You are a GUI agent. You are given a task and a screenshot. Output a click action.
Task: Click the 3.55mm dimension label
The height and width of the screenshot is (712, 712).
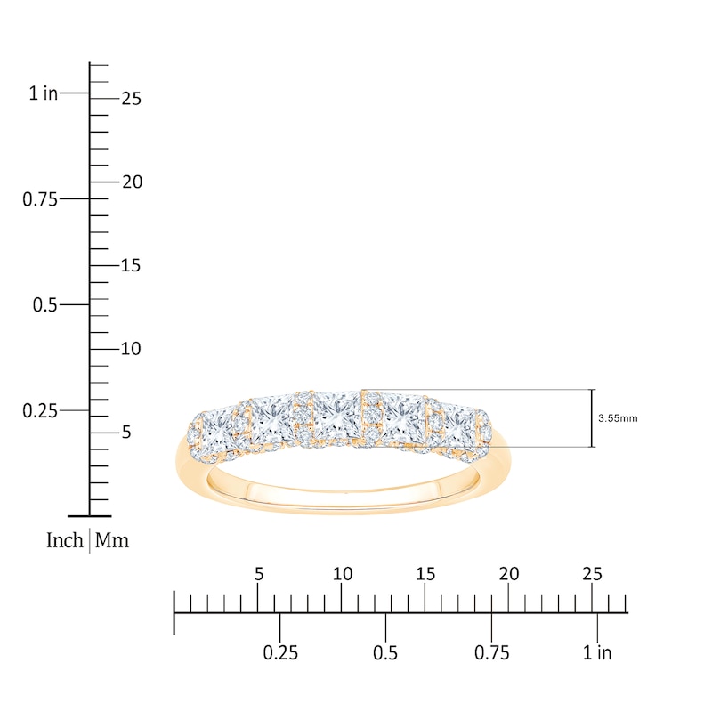(618, 417)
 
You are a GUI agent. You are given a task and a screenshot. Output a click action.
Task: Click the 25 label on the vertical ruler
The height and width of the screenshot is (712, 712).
(131, 99)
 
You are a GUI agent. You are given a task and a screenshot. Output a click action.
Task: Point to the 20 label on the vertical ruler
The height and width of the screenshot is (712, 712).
(131, 182)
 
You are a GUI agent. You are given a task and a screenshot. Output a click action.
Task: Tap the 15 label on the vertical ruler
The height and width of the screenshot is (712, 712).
(131, 265)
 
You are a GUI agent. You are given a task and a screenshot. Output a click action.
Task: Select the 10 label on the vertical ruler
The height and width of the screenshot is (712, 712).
(131, 349)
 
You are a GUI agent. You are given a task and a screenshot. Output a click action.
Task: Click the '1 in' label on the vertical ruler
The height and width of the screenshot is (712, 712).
(43, 93)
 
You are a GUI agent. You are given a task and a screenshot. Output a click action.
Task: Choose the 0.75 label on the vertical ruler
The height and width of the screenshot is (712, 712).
(40, 198)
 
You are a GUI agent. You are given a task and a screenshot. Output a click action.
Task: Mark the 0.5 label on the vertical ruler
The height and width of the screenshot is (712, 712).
(45, 304)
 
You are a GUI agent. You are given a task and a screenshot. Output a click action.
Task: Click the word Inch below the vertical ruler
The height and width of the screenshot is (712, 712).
(65, 540)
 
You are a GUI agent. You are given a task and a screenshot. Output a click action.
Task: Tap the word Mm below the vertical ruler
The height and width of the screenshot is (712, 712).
(112, 540)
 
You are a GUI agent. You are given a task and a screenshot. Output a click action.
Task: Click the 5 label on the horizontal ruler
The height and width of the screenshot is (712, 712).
(259, 574)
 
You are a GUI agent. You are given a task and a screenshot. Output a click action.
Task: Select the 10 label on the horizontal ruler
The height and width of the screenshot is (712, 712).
(343, 574)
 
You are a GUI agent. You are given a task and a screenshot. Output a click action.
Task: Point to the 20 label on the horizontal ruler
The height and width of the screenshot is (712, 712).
(509, 574)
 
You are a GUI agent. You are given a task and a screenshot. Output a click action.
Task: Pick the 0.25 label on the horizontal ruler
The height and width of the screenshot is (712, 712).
(280, 653)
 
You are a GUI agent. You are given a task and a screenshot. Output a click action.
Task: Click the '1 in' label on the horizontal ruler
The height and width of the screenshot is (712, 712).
(597, 653)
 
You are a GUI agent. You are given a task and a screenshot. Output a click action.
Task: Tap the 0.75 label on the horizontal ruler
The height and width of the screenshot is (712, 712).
(491, 653)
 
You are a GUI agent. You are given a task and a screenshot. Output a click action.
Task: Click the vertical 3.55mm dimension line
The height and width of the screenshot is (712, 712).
(592, 418)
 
